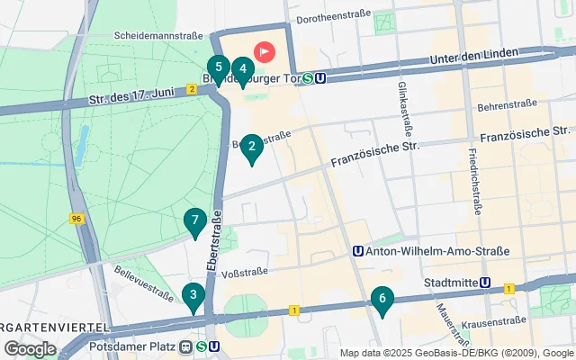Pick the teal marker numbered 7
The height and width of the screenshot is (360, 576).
tap(194, 222)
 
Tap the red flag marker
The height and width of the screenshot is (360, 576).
tap(265, 52)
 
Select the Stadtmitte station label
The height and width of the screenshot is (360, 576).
tap(452, 282)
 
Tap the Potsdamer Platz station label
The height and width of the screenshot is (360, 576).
tap(141, 346)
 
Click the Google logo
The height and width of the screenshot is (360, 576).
tap(30, 348)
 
